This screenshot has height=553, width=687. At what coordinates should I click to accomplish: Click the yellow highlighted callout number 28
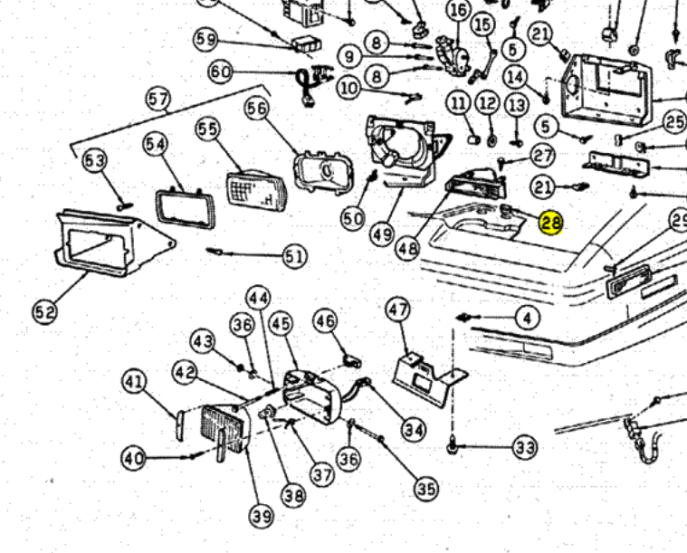[550, 223]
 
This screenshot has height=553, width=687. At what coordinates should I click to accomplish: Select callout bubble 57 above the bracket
[159, 99]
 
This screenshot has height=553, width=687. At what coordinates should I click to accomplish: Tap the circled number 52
[44, 312]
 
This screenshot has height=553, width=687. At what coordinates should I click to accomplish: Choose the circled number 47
[399, 310]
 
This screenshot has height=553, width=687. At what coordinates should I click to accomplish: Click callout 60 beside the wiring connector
[221, 72]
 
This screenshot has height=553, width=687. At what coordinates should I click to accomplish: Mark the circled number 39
[261, 516]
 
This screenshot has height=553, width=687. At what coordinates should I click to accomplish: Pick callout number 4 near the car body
[527, 318]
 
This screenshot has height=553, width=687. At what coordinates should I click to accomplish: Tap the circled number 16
[459, 10]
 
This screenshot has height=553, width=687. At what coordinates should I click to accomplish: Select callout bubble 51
[294, 257]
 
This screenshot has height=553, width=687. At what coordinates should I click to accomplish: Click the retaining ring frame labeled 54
[186, 206]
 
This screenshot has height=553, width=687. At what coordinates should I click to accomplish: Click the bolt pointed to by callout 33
[452, 447]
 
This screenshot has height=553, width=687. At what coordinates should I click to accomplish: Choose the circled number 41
[135, 383]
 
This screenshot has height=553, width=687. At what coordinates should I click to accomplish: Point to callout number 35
[425, 489]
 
